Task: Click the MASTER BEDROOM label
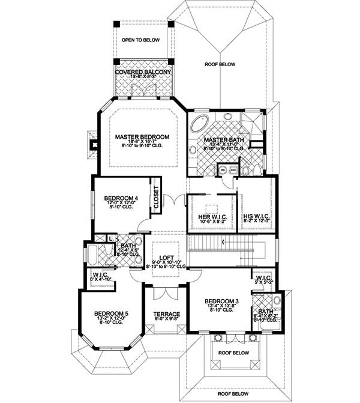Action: click(142, 137)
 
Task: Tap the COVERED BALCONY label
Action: click(143, 72)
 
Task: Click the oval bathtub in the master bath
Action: click(197, 126)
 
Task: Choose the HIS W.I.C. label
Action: click(256, 216)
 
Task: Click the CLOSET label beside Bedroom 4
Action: click(156, 196)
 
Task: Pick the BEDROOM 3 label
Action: click(218, 300)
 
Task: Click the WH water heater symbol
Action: click(223, 170)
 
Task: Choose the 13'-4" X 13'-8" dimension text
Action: click(218, 306)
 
